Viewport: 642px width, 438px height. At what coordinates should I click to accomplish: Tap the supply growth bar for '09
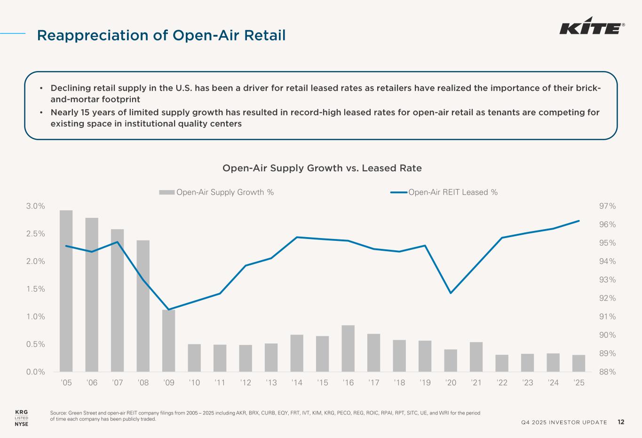[169, 341]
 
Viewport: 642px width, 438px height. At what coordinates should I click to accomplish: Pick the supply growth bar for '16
[348, 348]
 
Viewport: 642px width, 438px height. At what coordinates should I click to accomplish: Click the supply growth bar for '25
[579, 363]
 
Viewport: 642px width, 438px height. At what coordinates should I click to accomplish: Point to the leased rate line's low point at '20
[451, 293]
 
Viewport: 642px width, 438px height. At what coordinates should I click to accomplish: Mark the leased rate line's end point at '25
[579, 221]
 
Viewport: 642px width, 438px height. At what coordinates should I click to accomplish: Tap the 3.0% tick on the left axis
[35, 206]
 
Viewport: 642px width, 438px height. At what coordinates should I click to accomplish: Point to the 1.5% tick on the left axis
[35, 289]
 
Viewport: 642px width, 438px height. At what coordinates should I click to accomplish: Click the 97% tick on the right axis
[607, 206]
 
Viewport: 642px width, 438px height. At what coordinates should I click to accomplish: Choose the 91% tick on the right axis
[607, 317]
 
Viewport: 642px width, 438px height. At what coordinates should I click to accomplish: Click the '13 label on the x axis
[271, 383]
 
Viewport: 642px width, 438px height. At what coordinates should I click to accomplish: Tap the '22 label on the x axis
[502, 383]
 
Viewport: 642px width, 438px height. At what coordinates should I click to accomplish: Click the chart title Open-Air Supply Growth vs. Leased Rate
[322, 168]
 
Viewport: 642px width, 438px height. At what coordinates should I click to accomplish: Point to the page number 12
[621, 422]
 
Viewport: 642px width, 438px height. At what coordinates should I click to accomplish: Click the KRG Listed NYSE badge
[22, 418]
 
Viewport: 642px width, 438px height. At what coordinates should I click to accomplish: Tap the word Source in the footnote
[58, 413]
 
